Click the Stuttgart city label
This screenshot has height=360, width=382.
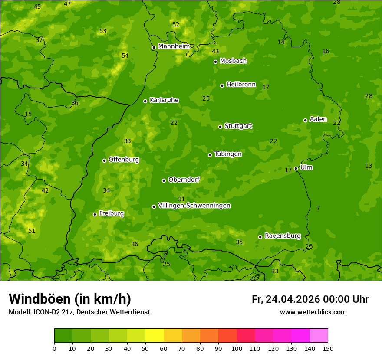click(x=238, y=126)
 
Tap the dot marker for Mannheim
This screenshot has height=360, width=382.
click(x=154, y=48)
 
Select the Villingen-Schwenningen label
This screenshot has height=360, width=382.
click(x=194, y=206)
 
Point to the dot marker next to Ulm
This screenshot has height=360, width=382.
click(x=296, y=168)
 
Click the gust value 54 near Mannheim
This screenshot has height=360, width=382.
click(x=125, y=56)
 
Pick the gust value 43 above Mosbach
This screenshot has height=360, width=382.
click(x=215, y=51)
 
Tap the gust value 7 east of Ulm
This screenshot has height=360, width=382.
click(x=318, y=208)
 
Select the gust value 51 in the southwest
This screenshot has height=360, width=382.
click(x=32, y=231)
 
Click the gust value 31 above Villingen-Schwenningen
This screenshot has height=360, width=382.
click(x=181, y=199)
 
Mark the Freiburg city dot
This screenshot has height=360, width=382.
click(x=95, y=214)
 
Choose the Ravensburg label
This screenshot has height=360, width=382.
click(x=283, y=236)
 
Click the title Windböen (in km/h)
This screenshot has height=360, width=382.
click(x=70, y=299)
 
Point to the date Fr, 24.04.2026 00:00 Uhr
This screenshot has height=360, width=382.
click(x=310, y=299)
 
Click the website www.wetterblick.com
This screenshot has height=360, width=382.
click(x=313, y=312)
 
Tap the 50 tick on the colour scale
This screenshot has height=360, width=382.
click(x=145, y=348)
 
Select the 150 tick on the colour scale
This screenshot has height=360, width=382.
click(x=328, y=348)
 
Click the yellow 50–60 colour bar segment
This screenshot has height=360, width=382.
click(x=155, y=336)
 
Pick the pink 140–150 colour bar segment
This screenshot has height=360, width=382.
click(x=319, y=336)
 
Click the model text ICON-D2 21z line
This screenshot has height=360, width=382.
click(x=79, y=312)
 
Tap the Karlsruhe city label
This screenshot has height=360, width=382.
click(x=164, y=100)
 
